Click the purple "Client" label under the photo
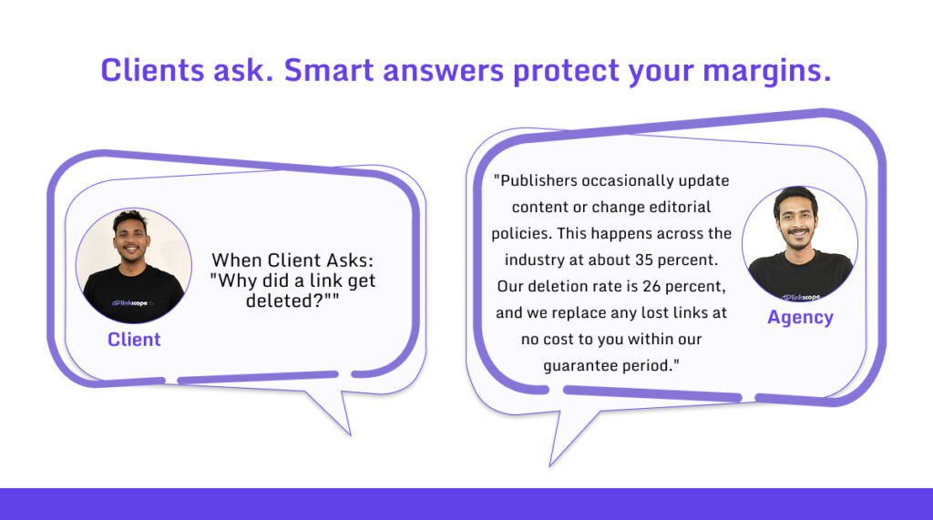point(134,340)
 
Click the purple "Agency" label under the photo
point(800,317)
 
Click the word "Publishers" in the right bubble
point(540,180)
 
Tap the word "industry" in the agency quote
point(526,260)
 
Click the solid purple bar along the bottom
point(466,504)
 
